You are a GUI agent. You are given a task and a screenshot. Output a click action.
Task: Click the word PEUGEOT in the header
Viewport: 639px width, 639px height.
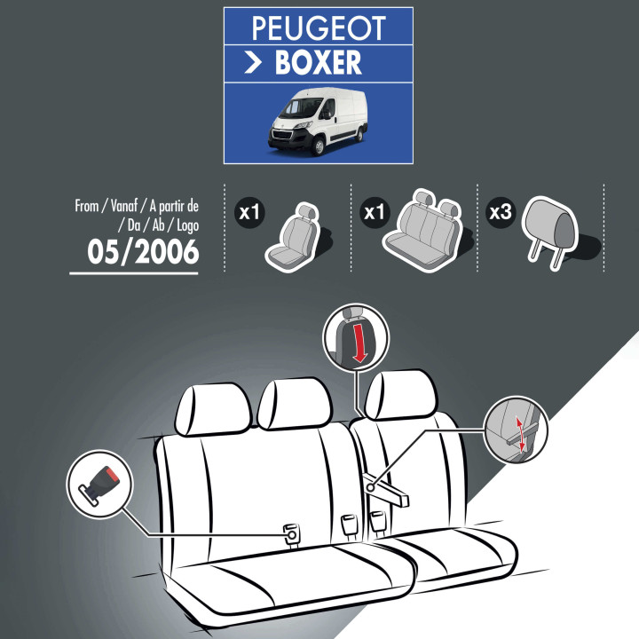(319, 28)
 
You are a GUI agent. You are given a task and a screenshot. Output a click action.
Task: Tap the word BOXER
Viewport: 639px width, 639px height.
(319, 62)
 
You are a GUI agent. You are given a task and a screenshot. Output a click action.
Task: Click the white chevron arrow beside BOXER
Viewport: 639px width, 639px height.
(253, 63)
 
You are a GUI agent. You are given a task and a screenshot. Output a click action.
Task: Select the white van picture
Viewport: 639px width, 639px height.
(318, 122)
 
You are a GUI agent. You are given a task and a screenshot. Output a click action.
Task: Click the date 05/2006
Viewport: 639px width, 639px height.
(143, 251)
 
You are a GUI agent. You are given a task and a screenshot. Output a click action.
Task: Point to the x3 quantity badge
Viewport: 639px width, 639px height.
(500, 212)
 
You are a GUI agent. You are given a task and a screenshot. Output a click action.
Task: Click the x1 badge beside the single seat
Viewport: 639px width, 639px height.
(249, 212)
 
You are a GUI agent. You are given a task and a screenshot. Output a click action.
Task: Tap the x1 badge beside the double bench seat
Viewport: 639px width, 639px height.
(375, 212)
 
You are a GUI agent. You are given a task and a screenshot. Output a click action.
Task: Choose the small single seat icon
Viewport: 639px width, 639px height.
(293, 237)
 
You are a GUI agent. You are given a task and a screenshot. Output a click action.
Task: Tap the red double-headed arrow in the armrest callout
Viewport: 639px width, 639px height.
(520, 434)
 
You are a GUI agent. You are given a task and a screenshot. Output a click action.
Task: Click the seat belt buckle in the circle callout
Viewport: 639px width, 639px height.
(99, 485)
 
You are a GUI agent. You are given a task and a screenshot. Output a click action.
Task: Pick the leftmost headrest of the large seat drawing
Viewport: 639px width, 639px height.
(213, 409)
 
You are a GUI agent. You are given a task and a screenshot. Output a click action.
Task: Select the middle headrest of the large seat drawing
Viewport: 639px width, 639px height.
(295, 404)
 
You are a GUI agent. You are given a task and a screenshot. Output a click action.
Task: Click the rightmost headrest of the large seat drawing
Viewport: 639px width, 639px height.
(400, 394)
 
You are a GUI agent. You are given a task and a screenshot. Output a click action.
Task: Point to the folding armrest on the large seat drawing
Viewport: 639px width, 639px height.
(386, 489)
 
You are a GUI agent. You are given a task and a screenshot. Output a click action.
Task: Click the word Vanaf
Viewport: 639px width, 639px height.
(124, 206)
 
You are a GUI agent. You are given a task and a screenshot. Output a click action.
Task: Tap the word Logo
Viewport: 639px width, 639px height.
(187, 225)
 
